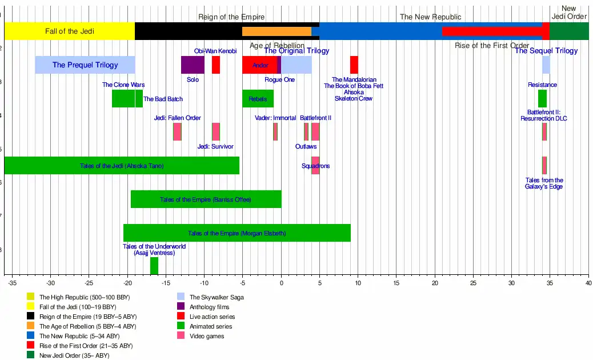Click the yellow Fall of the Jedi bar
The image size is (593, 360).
click(70, 31)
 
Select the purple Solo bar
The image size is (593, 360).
click(193, 65)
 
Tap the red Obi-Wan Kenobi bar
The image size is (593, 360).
click(216, 65)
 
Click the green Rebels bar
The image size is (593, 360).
click(258, 99)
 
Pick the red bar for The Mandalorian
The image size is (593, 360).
click(354, 65)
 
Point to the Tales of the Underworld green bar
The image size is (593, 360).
click(154, 266)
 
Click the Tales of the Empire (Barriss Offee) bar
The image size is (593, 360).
click(206, 199)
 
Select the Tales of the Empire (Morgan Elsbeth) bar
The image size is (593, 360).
click(237, 233)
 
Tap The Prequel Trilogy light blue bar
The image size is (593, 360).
click(85, 65)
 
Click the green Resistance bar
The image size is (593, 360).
click(542, 99)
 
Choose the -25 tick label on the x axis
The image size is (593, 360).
click(89, 283)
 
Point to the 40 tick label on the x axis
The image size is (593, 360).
click(588, 283)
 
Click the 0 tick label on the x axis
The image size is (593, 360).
click(281, 283)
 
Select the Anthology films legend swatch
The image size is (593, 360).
click(181, 307)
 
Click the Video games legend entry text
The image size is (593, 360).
click(207, 336)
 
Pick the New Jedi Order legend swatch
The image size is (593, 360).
click(30, 355)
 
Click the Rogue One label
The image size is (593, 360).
click(279, 79)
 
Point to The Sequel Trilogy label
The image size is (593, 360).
click(546, 51)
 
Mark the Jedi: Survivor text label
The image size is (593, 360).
click(215, 146)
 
